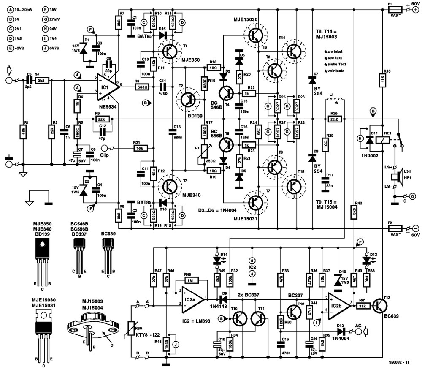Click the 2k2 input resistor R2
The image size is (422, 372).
coord(41,80)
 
